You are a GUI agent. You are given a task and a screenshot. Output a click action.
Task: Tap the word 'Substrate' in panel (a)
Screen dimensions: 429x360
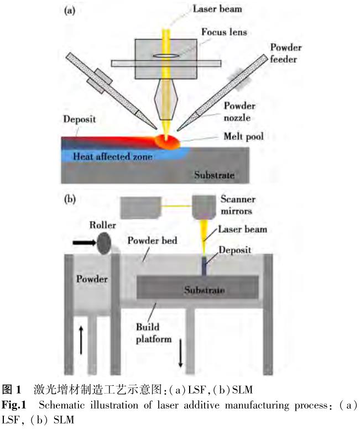[214, 175]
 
